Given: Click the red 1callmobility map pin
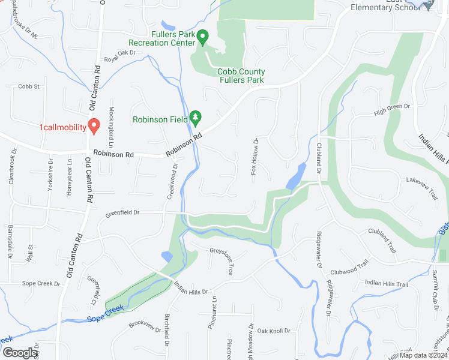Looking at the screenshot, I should pyautogui.click(x=94, y=125).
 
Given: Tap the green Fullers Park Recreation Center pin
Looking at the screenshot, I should pyautogui.click(x=202, y=38).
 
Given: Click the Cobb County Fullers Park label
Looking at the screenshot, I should pyautogui.click(x=241, y=76).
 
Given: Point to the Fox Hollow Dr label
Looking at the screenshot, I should pyautogui.click(x=254, y=157).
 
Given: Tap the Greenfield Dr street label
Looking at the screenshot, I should pyautogui.click(x=122, y=212).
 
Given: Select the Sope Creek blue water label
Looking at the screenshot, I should pyautogui.click(x=106, y=313).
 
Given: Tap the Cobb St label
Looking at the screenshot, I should pyautogui.click(x=28, y=86).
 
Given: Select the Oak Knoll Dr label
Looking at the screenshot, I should pyautogui.click(x=274, y=331).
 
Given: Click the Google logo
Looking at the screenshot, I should pyautogui.click(x=20, y=353).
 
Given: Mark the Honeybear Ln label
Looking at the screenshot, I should pyautogui.click(x=70, y=175).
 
